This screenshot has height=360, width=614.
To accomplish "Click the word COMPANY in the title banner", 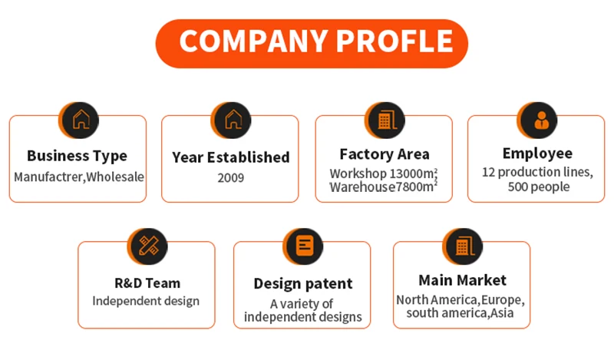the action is pyautogui.click(x=253, y=41).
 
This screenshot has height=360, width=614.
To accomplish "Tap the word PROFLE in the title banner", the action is pyautogui.click(x=394, y=41).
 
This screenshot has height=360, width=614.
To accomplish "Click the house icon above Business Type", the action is pyautogui.click(x=81, y=120).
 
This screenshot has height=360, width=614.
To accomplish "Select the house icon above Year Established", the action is pyautogui.click(x=233, y=120).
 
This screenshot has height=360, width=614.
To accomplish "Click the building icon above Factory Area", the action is pyautogui.click(x=388, y=120).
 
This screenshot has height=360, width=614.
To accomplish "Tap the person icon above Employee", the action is pyautogui.click(x=542, y=120).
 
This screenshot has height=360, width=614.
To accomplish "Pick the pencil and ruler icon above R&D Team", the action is pyautogui.click(x=149, y=246).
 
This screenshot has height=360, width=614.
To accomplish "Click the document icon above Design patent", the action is pyautogui.click(x=305, y=246).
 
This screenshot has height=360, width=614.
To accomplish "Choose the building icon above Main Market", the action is pyautogui.click(x=465, y=246).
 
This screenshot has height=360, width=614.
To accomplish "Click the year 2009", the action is pyautogui.click(x=231, y=178).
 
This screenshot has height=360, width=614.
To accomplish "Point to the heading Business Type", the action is pyautogui.click(x=78, y=156).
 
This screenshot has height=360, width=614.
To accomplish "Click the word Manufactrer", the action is pyautogui.click(x=48, y=177).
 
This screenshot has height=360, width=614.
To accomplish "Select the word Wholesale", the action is pyautogui.click(x=115, y=177).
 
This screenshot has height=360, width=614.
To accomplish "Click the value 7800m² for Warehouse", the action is pyautogui.click(x=416, y=187).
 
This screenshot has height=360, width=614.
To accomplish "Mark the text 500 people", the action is pyautogui.click(x=539, y=187).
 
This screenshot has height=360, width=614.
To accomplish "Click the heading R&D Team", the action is pyautogui.click(x=147, y=282).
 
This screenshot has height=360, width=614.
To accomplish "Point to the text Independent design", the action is pyautogui.click(x=146, y=301).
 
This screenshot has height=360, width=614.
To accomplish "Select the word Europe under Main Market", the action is pyautogui.click(x=503, y=300).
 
